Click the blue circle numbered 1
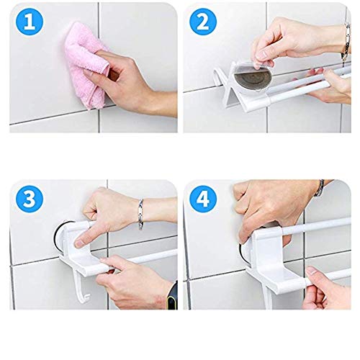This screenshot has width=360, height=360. [x=30, y=22]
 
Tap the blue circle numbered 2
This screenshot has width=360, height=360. [x=203, y=22]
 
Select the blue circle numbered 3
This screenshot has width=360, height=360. [x=30, y=199]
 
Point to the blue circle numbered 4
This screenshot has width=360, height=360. [x=203, y=199]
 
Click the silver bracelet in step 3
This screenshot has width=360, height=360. [x=140, y=214]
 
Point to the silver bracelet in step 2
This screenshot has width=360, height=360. [x=346, y=41]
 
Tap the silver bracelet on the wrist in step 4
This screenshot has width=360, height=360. [x=319, y=188]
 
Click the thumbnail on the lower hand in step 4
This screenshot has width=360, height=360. [x=312, y=271]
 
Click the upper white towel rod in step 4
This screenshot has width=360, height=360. [x=315, y=225]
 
